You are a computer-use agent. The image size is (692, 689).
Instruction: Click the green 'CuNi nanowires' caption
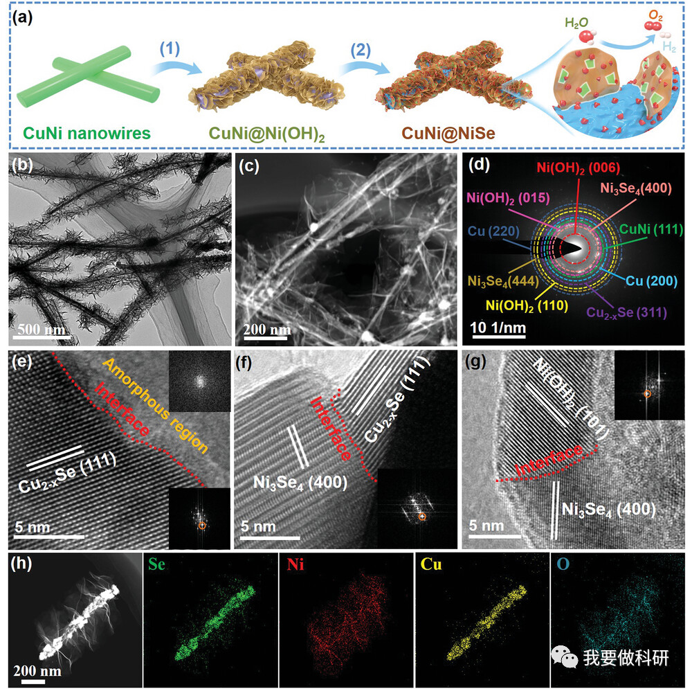77,131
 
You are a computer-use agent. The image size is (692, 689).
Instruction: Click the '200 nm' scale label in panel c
266,329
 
